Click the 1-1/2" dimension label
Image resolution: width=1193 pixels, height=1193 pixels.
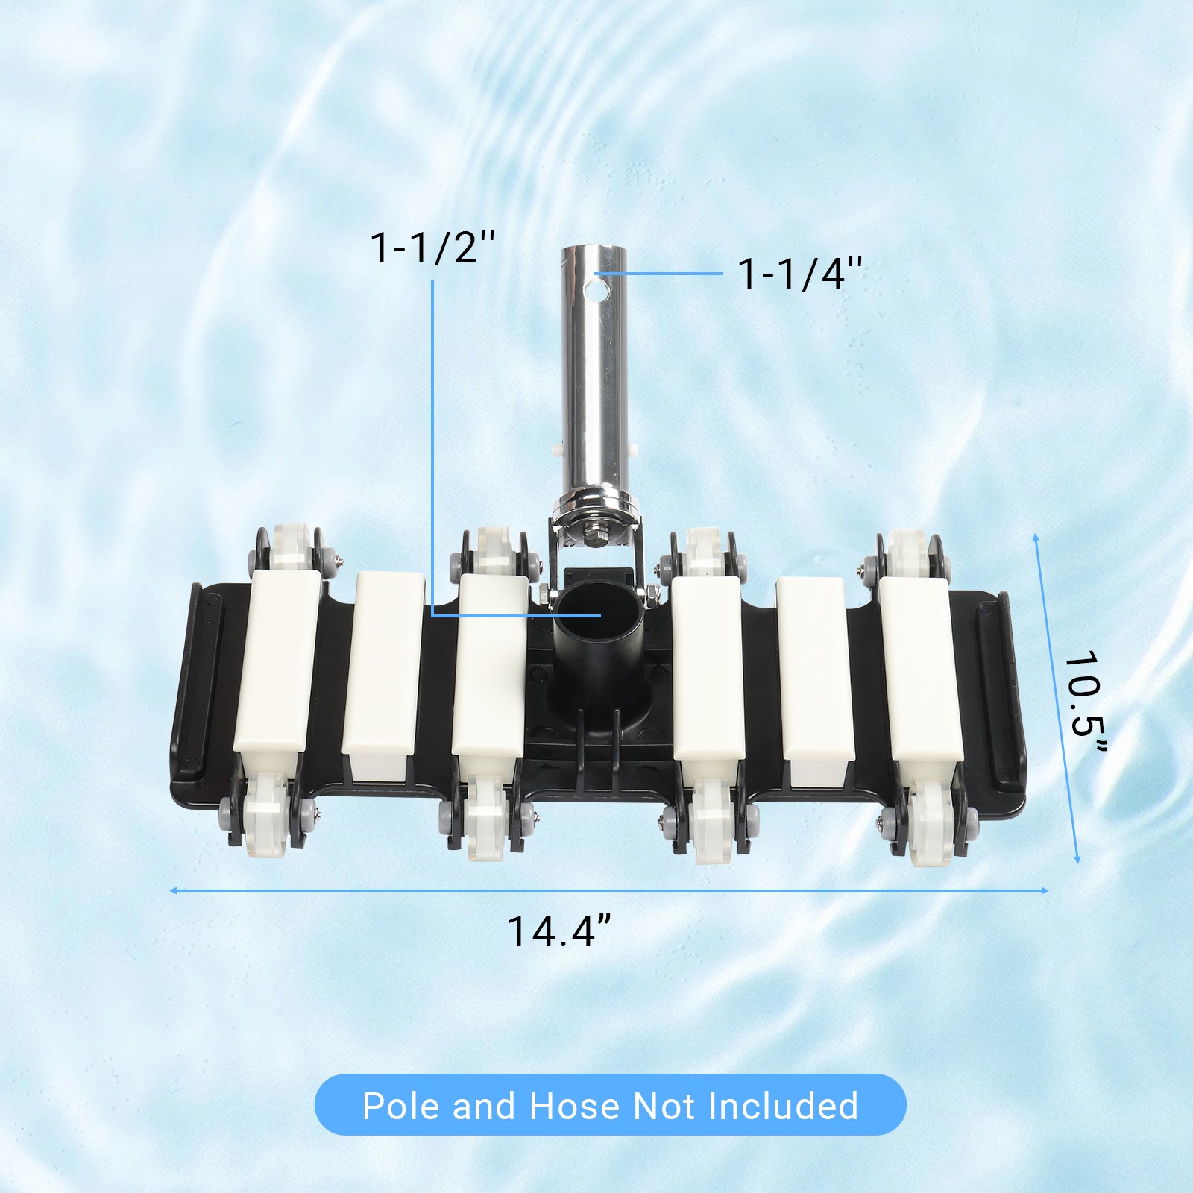pyautogui.click(x=432, y=248)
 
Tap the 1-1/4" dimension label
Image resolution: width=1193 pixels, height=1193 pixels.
pyautogui.click(x=799, y=274)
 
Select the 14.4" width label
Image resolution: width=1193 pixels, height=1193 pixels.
pyautogui.click(x=559, y=932)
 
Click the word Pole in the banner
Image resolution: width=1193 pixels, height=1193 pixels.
pyautogui.click(x=400, y=1106)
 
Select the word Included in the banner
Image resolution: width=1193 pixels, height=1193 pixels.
pyautogui.click(x=783, y=1106)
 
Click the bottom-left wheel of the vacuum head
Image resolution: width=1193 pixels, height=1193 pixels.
pyautogui.click(x=266, y=816)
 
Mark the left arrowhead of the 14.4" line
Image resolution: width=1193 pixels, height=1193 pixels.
pyautogui.click(x=173, y=890)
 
